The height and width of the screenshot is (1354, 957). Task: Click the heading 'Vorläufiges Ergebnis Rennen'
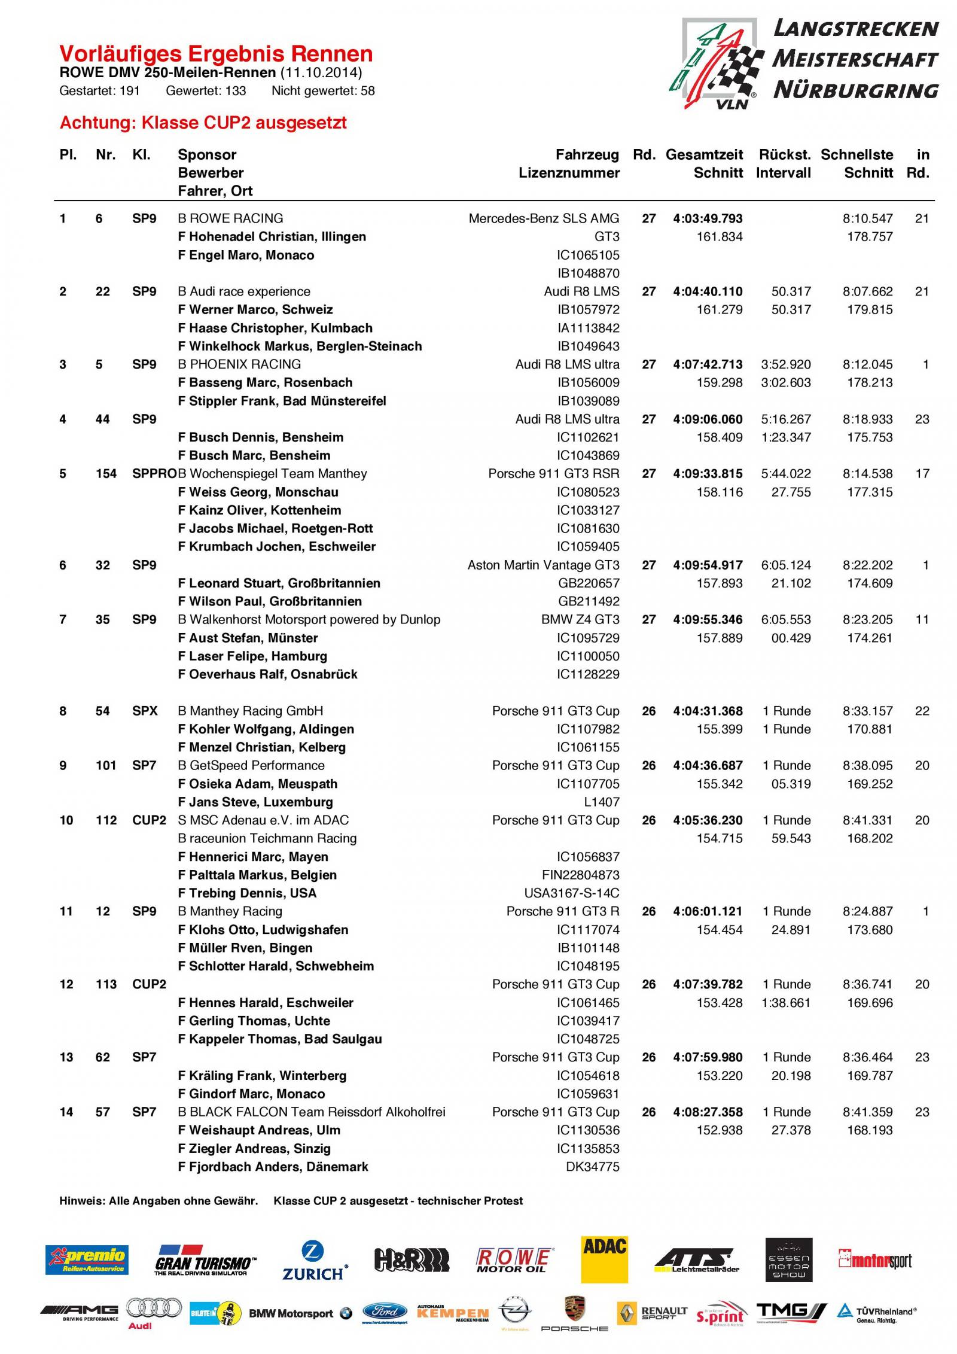pos(216,54)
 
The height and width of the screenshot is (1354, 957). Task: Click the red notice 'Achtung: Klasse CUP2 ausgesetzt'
pos(203,123)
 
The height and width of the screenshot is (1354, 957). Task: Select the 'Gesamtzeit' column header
pos(704,155)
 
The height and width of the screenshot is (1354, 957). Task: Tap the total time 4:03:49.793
pos(708,219)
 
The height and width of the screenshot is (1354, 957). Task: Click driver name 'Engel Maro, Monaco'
pos(251,255)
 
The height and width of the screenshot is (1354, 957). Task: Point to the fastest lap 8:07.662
pos(867,292)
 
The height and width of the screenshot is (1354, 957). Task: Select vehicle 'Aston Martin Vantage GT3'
pos(543,565)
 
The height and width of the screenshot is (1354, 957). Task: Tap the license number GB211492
pos(589,602)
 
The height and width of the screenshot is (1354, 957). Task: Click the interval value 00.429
pos(791,638)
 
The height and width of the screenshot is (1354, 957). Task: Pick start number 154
pos(106,474)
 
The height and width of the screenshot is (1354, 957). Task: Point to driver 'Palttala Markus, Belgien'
pos(263,875)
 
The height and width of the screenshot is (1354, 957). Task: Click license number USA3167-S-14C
pos(572,893)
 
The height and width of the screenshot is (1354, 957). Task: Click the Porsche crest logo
pos(574,1312)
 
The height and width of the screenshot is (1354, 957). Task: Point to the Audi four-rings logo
pos(154,1309)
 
